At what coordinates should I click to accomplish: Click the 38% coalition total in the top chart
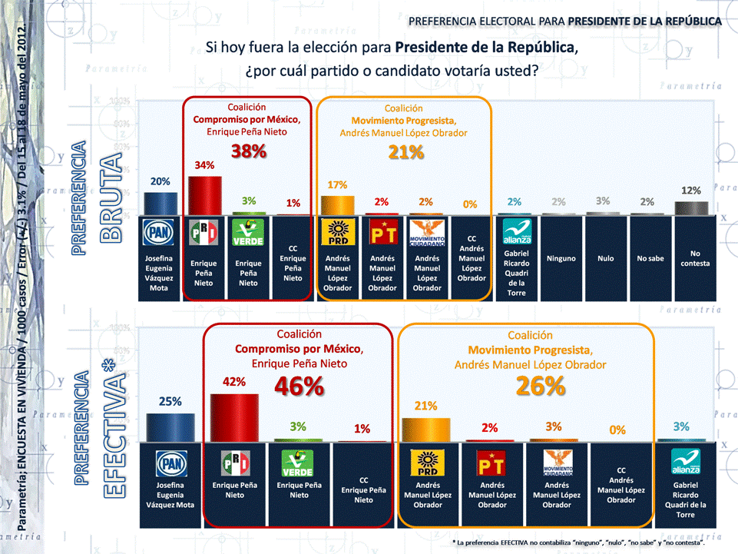(248, 152)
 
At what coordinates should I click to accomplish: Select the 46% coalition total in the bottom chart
(299, 386)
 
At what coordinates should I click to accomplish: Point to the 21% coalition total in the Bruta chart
(406, 152)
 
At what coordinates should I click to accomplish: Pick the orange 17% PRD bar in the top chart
(338, 205)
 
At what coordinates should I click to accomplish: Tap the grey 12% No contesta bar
(691, 208)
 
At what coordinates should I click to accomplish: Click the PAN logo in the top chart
(161, 232)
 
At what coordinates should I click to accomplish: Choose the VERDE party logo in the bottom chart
(299, 463)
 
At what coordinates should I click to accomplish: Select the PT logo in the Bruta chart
(382, 232)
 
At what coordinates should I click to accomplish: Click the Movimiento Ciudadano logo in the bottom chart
(558, 463)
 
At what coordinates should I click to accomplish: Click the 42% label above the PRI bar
(234, 382)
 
